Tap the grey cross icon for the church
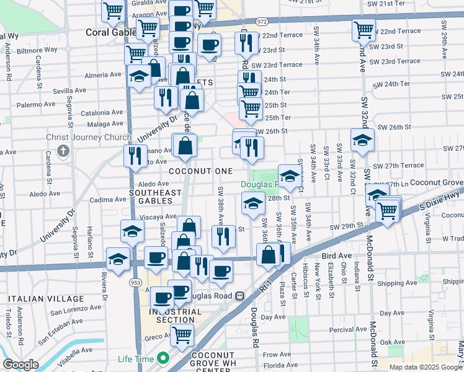[63, 151]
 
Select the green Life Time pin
[163, 358]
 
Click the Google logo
[20, 365]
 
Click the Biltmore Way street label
[37, 48]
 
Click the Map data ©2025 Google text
[425, 367]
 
